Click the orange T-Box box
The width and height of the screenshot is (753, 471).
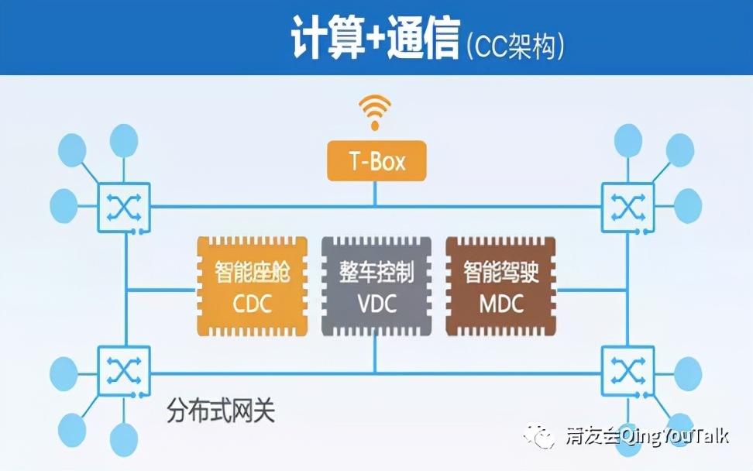376,161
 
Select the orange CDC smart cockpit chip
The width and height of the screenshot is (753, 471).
252,287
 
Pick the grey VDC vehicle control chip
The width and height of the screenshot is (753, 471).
376,287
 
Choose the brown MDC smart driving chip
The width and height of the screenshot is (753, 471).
501,287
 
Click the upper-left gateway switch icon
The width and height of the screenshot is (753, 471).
124,206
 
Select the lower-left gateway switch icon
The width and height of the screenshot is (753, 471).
124,370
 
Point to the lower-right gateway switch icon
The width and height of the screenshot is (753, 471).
628,370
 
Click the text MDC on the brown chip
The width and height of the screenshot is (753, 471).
501,302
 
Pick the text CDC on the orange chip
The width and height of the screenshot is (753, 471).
252,302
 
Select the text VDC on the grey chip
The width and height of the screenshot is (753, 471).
376,302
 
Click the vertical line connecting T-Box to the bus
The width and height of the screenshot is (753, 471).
376,194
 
